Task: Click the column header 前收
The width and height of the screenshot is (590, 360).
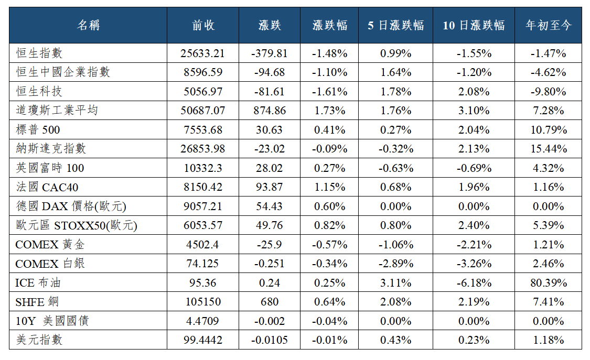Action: (x=203, y=25)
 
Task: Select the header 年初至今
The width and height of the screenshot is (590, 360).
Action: (x=548, y=25)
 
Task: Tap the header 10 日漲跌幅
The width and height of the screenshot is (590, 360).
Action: (x=474, y=25)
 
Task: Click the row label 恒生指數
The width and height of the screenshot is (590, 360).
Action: (x=39, y=53)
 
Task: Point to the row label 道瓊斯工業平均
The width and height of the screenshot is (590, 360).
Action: (x=57, y=110)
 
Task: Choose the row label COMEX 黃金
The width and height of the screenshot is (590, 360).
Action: (x=50, y=245)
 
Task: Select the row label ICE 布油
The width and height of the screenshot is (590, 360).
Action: (x=38, y=282)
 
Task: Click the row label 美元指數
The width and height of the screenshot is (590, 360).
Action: (x=39, y=340)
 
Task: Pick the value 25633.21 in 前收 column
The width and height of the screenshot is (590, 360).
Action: (x=202, y=53)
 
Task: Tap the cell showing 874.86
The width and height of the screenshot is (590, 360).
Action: (x=270, y=111)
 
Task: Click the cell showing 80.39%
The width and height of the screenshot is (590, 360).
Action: (x=549, y=282)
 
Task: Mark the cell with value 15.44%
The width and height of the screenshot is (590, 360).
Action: (x=549, y=149)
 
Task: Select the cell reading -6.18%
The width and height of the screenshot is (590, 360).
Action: (x=474, y=282)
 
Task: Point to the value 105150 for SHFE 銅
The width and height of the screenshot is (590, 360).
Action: (x=203, y=302)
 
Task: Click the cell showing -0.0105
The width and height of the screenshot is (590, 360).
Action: (x=270, y=340)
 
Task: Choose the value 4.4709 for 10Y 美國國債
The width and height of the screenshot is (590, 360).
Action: (x=202, y=321)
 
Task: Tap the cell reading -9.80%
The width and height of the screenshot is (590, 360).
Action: (x=549, y=92)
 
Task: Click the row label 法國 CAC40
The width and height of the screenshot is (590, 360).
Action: (x=47, y=187)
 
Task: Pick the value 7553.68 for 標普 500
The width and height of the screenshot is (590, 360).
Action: (x=203, y=129)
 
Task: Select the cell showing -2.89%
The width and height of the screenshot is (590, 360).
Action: (x=396, y=264)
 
